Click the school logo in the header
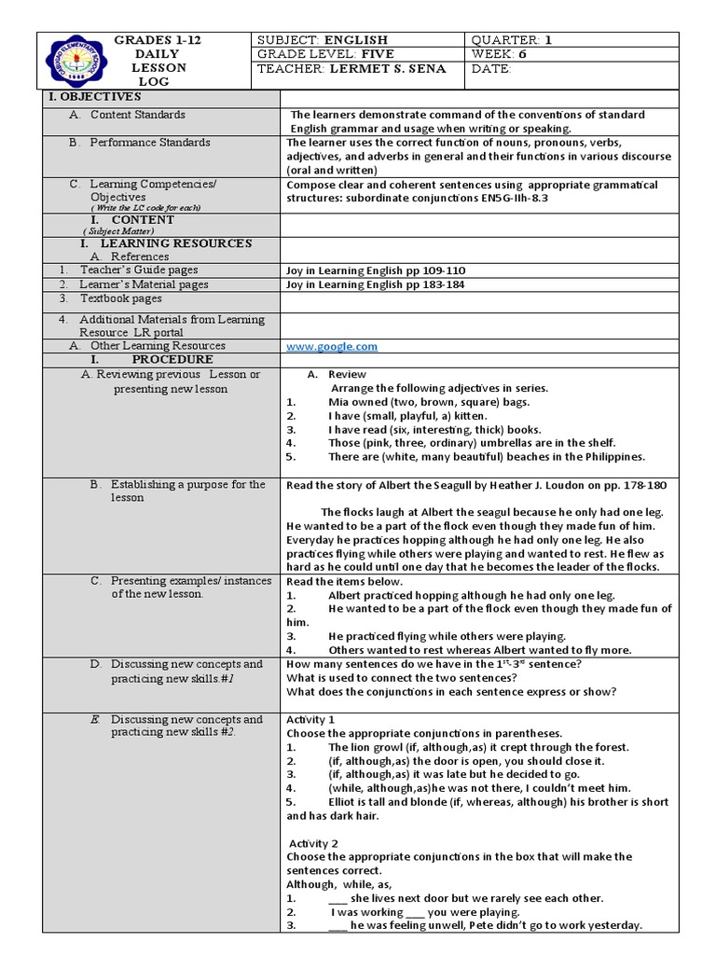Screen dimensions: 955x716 tap(71, 62)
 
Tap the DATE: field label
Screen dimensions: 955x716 tap(492, 69)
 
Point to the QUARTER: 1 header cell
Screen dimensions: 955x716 tap(513, 40)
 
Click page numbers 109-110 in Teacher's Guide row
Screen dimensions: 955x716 tap(444, 270)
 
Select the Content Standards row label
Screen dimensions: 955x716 tap(137, 115)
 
